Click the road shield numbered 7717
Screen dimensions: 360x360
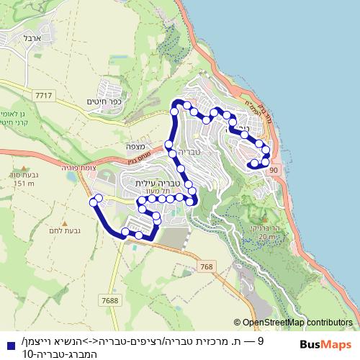tap(43, 94)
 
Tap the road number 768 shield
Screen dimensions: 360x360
tap(207, 267)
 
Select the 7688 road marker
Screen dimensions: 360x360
tap(110, 300)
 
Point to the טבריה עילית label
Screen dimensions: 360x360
tap(159, 184)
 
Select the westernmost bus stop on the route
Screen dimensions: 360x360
tap(93, 203)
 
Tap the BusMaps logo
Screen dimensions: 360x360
tap(328, 344)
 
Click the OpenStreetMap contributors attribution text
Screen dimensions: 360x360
tap(297, 323)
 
